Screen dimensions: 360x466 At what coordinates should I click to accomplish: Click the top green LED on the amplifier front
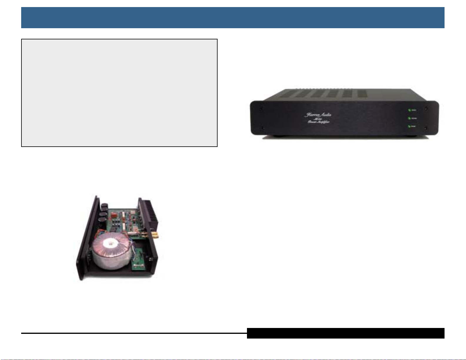tap(409, 110)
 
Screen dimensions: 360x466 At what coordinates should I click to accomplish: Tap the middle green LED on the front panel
tap(409, 118)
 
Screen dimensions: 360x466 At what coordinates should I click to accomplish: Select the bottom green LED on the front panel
tap(409, 126)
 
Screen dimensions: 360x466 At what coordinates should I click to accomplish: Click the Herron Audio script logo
tap(318, 115)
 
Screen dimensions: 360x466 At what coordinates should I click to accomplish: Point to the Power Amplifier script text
tap(318, 122)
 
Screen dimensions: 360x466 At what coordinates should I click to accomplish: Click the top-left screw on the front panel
tap(263, 108)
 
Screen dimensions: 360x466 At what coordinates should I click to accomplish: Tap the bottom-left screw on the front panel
tap(263, 128)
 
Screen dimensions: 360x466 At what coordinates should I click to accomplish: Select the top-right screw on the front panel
tap(426, 108)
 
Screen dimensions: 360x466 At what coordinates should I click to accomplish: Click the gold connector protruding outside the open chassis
tap(154, 235)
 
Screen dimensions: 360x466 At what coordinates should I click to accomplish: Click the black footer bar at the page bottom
tap(345, 333)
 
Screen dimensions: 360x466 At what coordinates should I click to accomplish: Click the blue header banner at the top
tap(233, 18)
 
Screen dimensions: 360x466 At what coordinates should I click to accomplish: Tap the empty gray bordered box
tap(119, 93)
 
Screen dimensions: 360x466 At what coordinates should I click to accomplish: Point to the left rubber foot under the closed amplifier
tap(277, 136)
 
